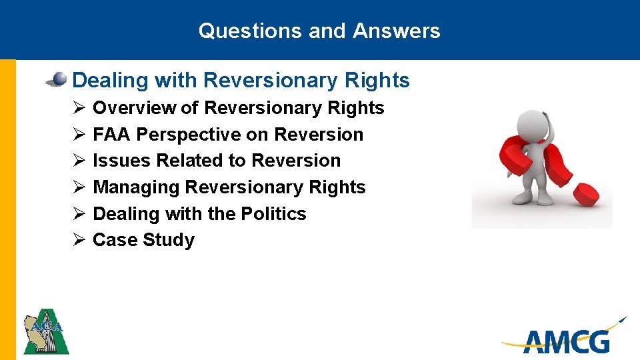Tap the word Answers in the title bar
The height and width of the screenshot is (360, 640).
397,31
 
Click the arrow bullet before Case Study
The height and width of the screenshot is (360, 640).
77,240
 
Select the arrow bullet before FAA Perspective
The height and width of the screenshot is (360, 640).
77,135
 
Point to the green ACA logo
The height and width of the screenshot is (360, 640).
46,331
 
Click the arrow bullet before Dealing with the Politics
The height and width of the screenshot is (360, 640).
77,214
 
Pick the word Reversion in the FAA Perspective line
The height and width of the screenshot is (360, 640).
319,135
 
